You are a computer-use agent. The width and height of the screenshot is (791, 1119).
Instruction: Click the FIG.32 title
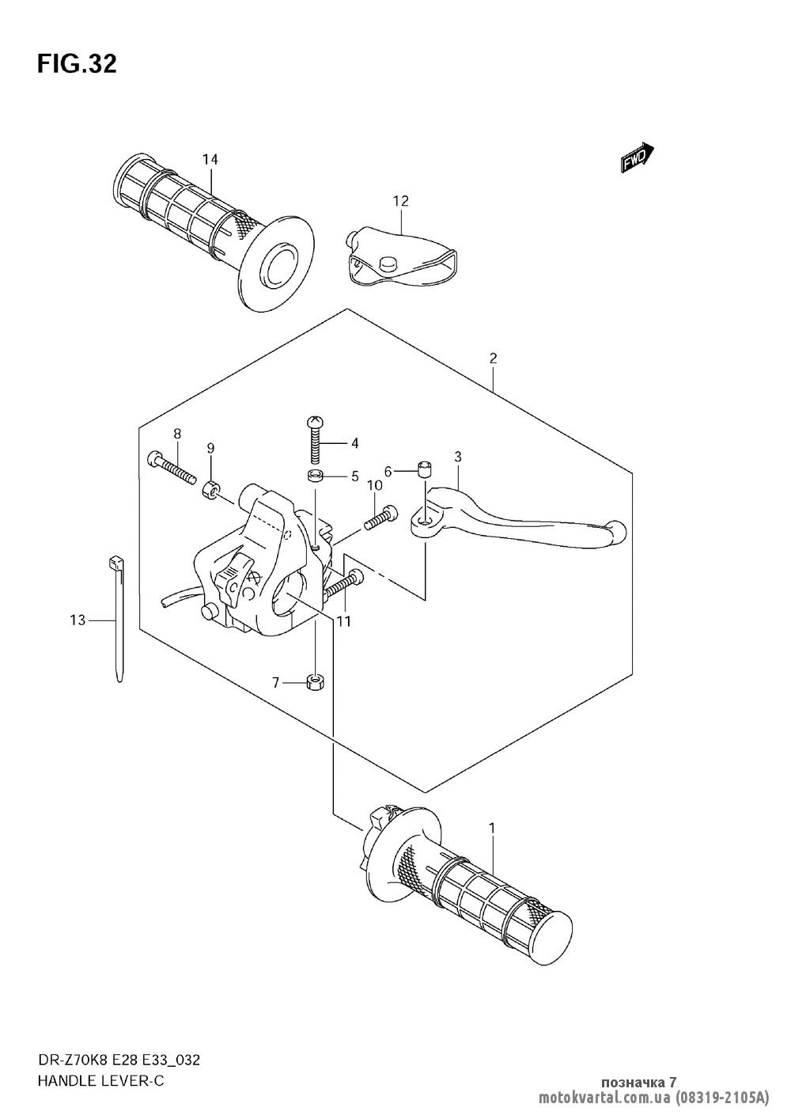pos(77,64)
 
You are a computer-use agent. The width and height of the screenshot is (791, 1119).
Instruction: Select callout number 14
pos(209,160)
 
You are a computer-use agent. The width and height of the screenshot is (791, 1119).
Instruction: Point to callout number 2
pos(493,358)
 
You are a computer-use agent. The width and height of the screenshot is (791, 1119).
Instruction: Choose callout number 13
pos(77,620)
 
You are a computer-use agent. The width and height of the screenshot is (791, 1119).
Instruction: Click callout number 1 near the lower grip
pos(492,828)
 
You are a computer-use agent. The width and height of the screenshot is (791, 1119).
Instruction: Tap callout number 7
pos(276,682)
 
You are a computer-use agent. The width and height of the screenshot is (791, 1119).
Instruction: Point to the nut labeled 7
pos(316,681)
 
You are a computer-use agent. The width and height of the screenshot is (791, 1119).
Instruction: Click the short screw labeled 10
pos(380,517)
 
